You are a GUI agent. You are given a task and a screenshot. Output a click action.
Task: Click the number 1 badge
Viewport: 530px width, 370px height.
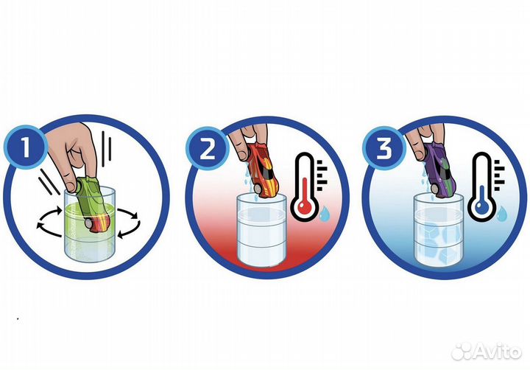[26, 147]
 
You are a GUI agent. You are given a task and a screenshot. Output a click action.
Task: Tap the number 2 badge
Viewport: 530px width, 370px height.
[208, 148]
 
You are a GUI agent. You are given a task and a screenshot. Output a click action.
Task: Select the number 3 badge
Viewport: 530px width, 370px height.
[384, 148]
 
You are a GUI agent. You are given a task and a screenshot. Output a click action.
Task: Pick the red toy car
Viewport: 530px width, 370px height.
[264, 170]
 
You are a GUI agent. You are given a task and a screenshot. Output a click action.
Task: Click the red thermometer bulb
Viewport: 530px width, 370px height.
[305, 206]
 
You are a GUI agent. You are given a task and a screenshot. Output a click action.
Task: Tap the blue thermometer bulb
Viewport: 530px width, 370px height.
[481, 206]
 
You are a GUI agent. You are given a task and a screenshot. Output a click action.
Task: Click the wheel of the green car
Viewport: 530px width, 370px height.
[89, 223]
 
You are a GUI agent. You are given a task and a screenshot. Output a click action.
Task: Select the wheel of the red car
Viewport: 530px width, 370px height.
[258, 189]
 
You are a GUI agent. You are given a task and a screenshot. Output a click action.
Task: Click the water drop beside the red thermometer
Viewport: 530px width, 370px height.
[325, 214]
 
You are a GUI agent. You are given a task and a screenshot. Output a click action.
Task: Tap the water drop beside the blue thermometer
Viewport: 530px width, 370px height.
[502, 214]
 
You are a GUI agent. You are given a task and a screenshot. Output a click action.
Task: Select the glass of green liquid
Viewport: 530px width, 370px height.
[90, 225]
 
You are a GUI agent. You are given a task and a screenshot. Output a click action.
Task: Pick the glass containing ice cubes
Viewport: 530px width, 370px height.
[439, 230]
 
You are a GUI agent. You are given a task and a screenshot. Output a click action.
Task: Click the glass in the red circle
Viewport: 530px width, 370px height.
[261, 230]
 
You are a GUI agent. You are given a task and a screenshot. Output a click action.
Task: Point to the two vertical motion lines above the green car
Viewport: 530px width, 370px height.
[107, 149]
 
